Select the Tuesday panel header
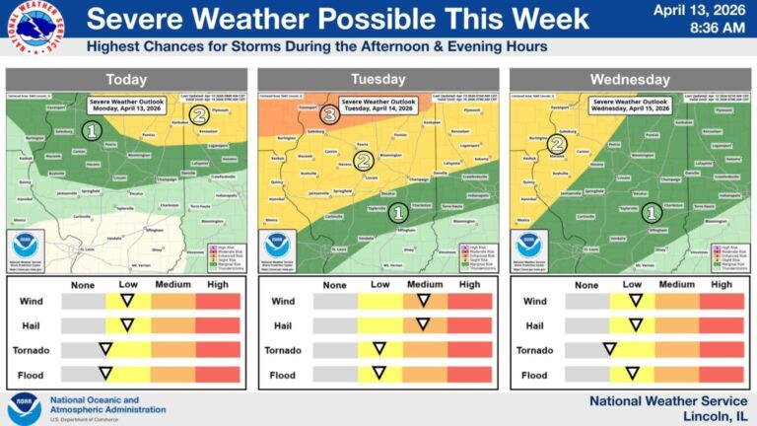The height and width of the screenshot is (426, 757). [x=378, y=79]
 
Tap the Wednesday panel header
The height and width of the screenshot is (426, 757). [x=630, y=79]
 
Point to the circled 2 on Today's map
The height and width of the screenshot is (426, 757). [x=198, y=114]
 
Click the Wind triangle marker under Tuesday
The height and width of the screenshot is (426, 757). [x=423, y=300]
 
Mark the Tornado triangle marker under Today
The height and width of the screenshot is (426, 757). [x=104, y=349]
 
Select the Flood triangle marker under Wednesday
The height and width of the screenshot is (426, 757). [x=631, y=374]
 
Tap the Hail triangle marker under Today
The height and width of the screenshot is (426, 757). [x=127, y=324]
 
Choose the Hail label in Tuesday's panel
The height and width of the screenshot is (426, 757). [x=283, y=325]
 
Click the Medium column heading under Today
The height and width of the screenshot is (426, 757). [x=172, y=284]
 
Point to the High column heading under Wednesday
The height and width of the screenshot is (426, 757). [x=722, y=284]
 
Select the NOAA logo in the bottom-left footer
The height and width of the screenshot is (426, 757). [x=24, y=407]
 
